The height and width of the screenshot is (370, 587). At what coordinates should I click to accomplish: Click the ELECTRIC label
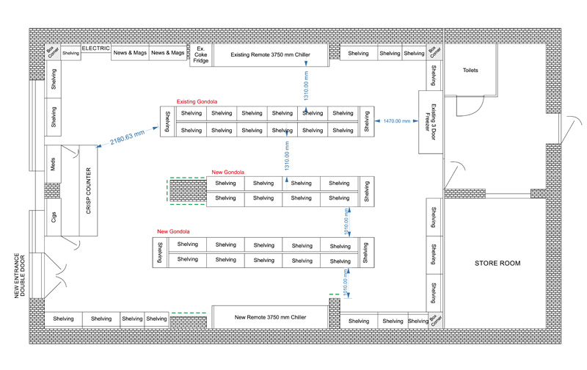point(95,48)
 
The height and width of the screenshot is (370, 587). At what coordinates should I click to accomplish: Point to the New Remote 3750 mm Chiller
point(269,317)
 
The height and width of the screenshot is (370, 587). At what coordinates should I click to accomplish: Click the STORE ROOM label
point(497,263)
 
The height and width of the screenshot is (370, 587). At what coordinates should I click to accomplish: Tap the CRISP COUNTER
point(89,190)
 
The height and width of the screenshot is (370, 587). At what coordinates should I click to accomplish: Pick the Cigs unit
point(53,218)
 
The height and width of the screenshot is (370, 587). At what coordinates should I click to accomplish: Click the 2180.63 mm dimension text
point(127,137)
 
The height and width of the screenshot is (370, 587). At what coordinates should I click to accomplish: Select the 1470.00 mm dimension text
point(396,120)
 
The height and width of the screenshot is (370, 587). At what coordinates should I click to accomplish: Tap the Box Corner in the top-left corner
point(52,51)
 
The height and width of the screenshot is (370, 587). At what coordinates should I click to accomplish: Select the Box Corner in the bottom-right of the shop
point(436,320)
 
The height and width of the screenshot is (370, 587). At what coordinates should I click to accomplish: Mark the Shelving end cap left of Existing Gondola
point(168,122)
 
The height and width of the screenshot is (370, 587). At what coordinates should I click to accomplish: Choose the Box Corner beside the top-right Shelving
point(435,51)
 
